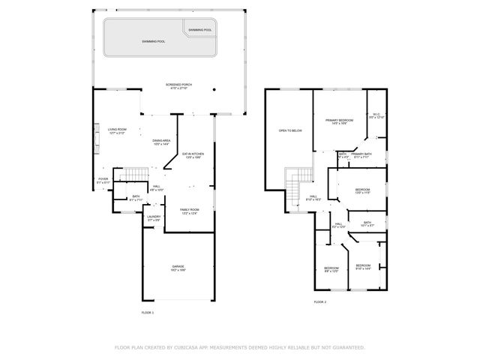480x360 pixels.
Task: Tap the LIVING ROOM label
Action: click(116, 130)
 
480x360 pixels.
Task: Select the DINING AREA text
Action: click(161, 142)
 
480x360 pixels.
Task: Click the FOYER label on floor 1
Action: click(103, 180)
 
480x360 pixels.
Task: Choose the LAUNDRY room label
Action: click(154, 218)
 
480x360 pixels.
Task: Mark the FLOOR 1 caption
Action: click(147, 312)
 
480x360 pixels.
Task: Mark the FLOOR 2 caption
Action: click(319, 302)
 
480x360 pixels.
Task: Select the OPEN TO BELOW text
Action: click(289, 130)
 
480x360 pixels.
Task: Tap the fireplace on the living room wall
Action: click(95, 136)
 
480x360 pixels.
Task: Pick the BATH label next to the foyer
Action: click(136, 199)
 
